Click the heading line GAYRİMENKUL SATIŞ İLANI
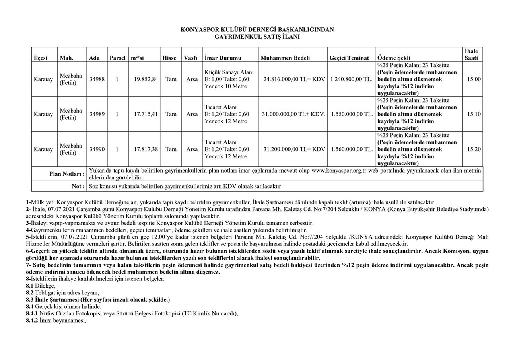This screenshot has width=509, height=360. [257, 37]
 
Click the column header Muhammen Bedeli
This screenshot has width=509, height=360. [285, 58]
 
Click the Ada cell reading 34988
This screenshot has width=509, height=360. [97, 79]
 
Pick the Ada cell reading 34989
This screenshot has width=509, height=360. [97, 114]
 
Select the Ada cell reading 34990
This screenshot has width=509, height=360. [97, 149]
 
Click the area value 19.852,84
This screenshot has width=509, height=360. [146, 79]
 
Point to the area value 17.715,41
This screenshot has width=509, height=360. [146, 114]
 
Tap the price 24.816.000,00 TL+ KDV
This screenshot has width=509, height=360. [294, 79]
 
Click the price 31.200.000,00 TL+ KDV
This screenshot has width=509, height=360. [294, 149]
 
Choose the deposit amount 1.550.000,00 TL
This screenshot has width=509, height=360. [352, 114]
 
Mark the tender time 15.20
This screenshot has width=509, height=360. [474, 149]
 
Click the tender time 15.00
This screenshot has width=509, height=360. [474, 79]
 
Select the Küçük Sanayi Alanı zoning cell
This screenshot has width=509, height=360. [229, 72]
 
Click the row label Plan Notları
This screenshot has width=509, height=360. [67, 174]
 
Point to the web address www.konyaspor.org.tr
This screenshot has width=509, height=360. [338, 171]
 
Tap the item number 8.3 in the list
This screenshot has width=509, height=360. [29, 300]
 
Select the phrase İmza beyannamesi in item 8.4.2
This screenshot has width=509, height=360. [63, 320]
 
